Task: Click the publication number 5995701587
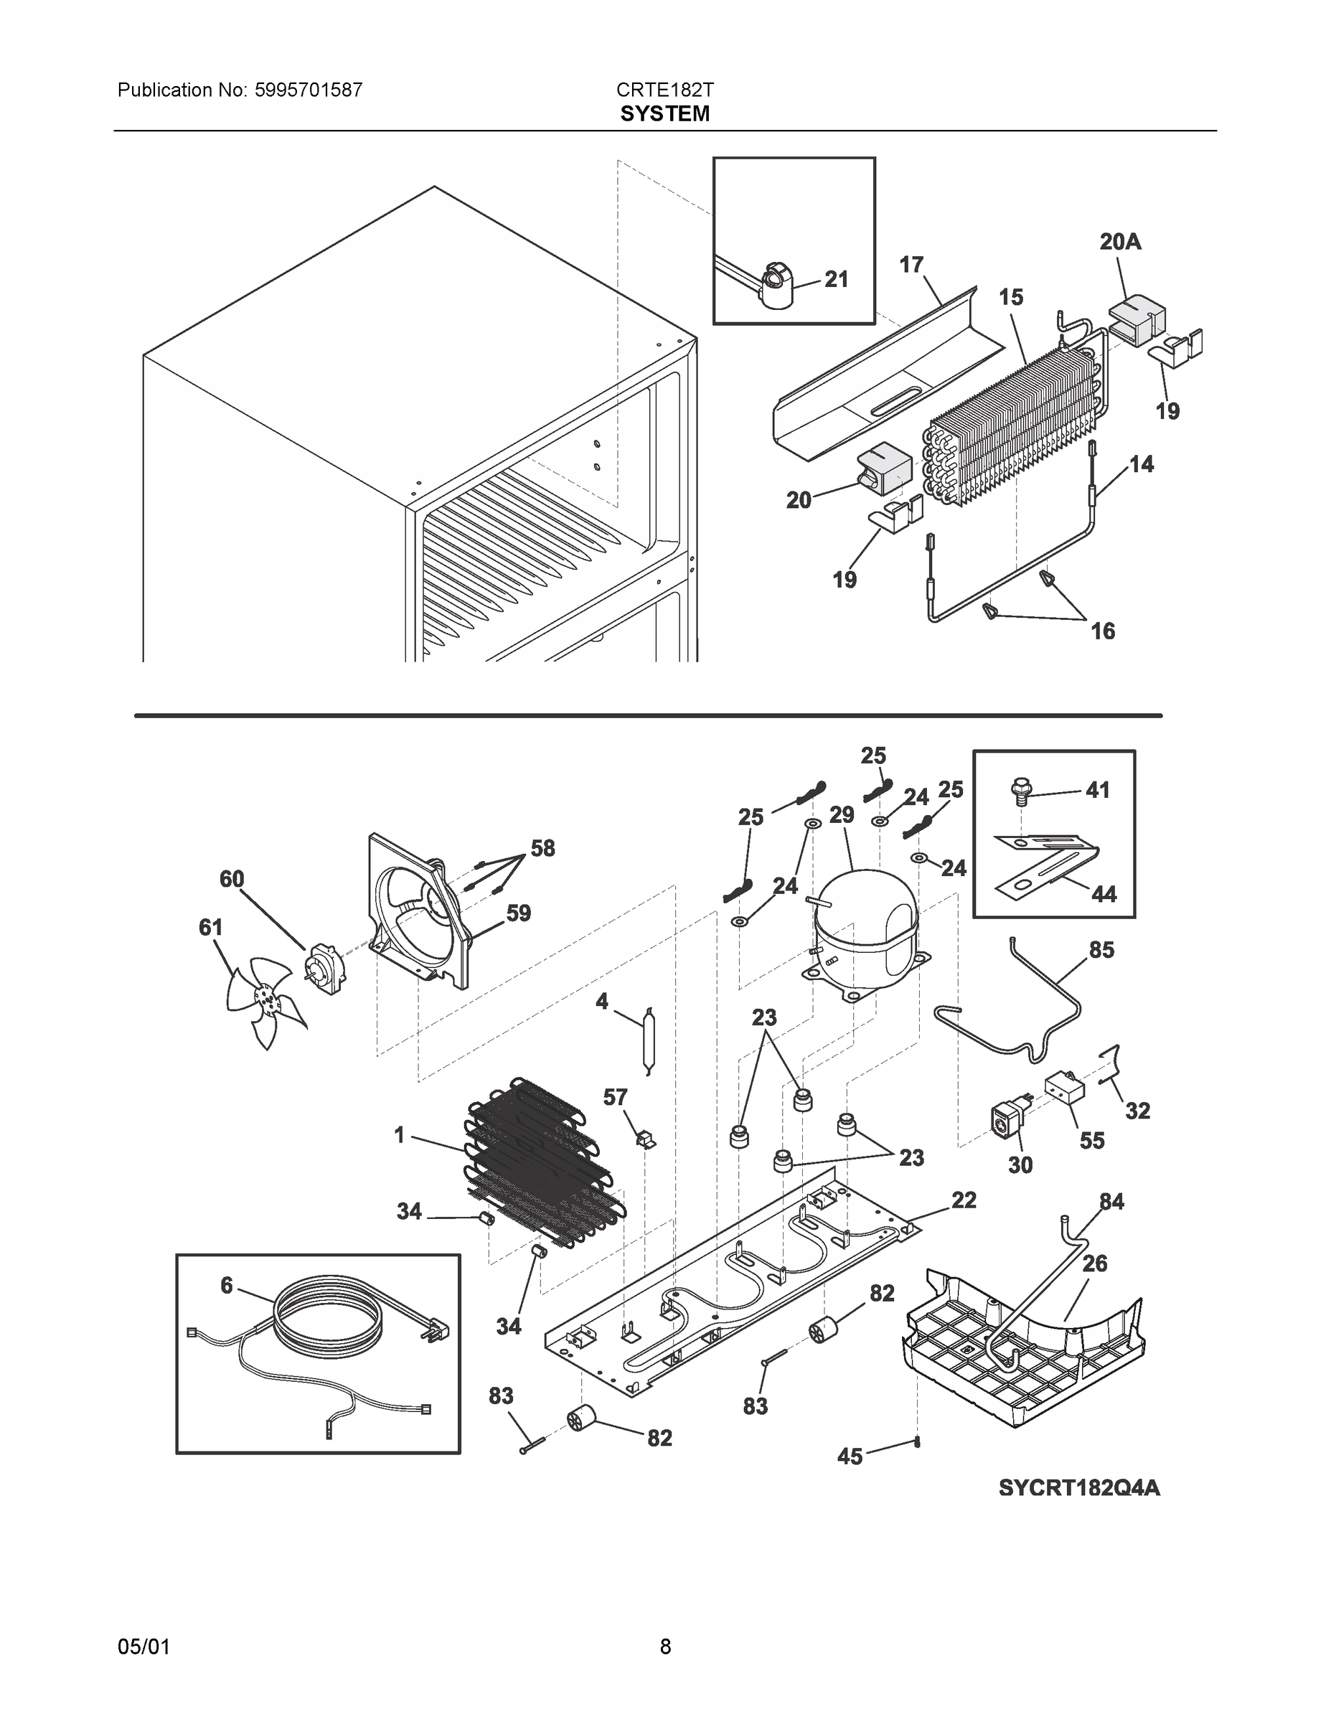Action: click(x=309, y=90)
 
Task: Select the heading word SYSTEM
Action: click(x=664, y=114)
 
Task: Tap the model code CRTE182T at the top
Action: click(x=664, y=90)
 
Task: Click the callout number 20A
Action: click(x=1119, y=242)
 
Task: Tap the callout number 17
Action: click(x=911, y=265)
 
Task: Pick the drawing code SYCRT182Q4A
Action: click(x=1078, y=1487)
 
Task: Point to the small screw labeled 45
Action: click(x=918, y=1443)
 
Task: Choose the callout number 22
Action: click(x=964, y=1200)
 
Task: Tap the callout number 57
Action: click(x=615, y=1097)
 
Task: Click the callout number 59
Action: click(x=518, y=913)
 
